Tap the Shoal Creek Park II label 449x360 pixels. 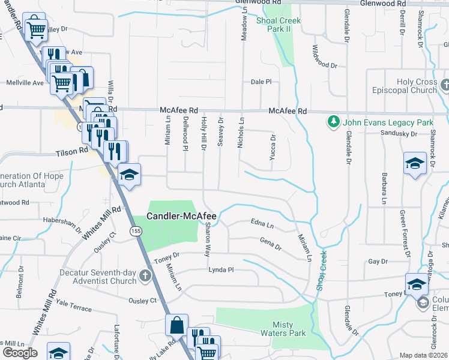point(279,25)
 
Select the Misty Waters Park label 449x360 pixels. point(283,328)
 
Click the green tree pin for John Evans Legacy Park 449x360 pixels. point(334,122)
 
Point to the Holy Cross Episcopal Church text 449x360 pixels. point(417,86)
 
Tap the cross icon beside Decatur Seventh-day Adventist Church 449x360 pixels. point(145,276)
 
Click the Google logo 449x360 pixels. point(20,352)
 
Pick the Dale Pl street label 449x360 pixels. point(261,82)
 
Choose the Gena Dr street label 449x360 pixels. point(271,243)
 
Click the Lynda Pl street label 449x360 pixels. point(220,270)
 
